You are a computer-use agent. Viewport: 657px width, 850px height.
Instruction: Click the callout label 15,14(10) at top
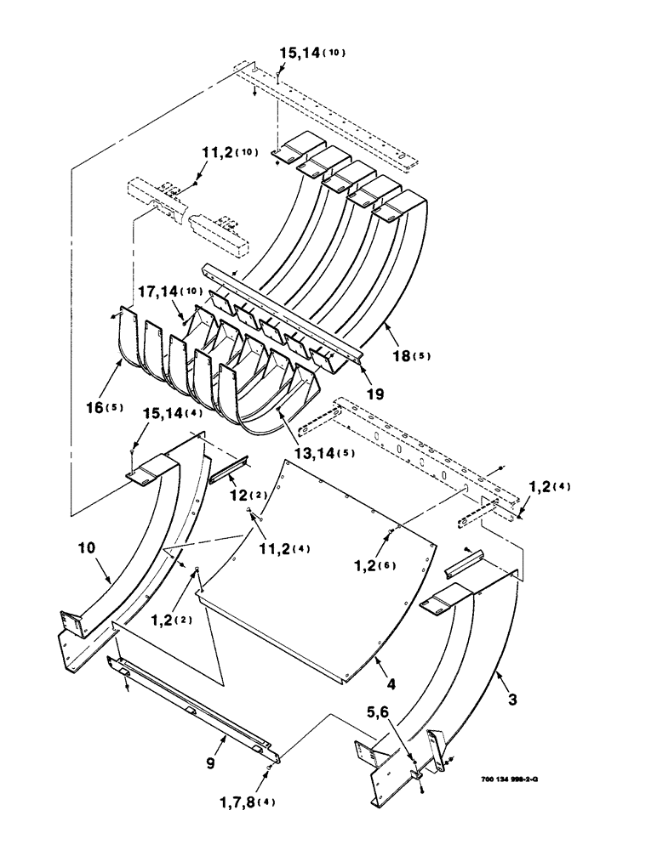312,54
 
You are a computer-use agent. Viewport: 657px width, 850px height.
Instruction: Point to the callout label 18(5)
410,355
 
